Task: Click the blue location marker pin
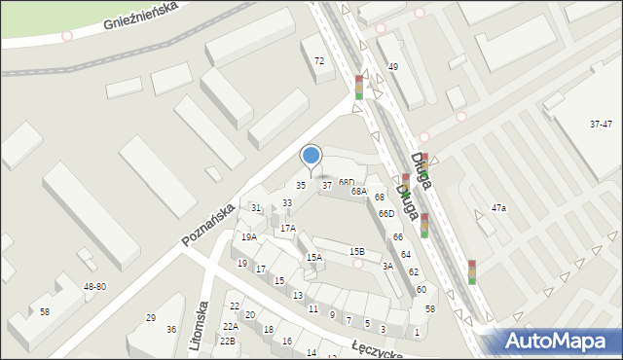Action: [x=311, y=156]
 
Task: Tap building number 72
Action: [x=318, y=61]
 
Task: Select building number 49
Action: [x=393, y=66]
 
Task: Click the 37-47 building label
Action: [x=601, y=125]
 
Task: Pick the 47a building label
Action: [x=499, y=208]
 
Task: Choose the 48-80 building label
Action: [x=94, y=287]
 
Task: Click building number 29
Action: [x=151, y=318]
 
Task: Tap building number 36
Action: [x=171, y=330]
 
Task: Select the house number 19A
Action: [x=249, y=236]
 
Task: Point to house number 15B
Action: [x=357, y=251]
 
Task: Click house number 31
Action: [x=256, y=208]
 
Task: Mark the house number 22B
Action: [x=228, y=342]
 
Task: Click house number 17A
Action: [x=287, y=229]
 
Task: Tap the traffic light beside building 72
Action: [x=358, y=87]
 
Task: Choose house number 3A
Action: [x=386, y=266]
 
